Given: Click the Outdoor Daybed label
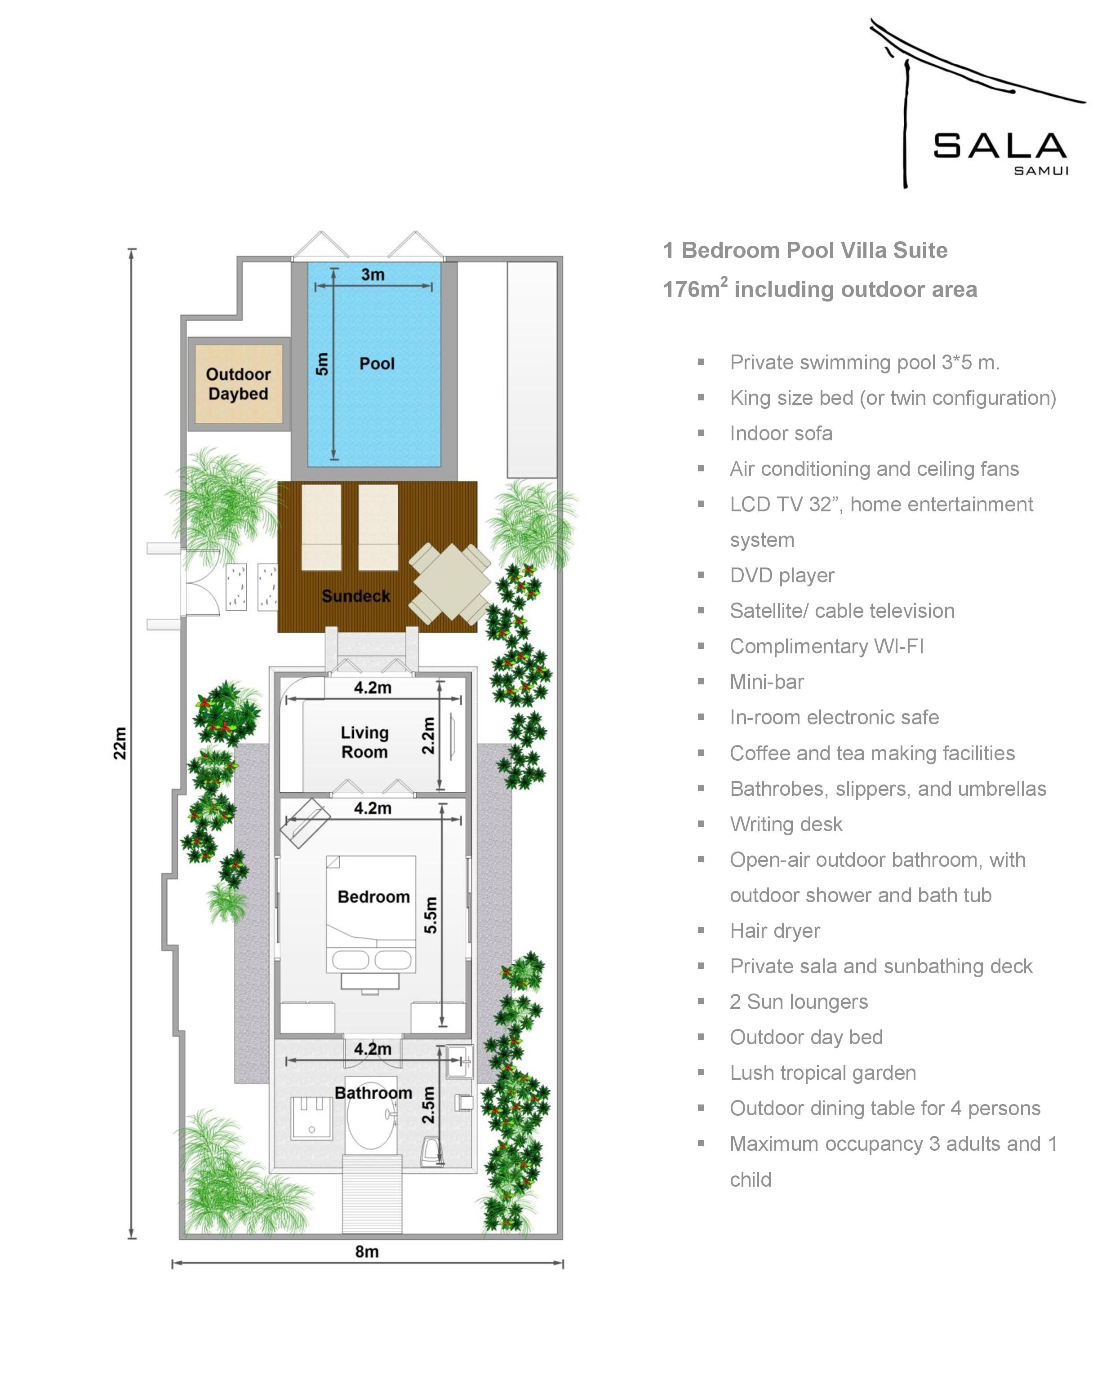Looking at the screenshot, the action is (x=238, y=384).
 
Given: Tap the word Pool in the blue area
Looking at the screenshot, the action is (x=377, y=364).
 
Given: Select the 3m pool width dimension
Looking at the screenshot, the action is (x=373, y=275).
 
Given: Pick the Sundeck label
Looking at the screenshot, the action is (x=356, y=596).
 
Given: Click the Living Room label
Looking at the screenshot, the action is (x=364, y=742).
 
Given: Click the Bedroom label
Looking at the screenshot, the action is (x=373, y=897).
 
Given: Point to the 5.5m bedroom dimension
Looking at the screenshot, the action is (x=430, y=915).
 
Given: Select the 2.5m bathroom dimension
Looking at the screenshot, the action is (x=428, y=1105).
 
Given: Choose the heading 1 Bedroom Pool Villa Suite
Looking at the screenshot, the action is (x=805, y=250).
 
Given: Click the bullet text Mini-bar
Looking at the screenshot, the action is (x=767, y=682).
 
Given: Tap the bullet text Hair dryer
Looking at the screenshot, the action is (x=775, y=931).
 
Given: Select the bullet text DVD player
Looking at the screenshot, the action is (x=782, y=576).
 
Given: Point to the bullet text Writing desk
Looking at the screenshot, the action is (x=786, y=824).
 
